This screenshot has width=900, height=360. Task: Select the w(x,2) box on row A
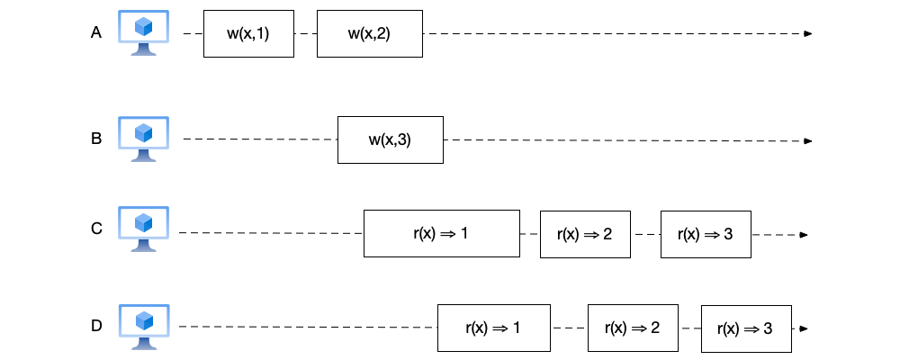[x=369, y=34]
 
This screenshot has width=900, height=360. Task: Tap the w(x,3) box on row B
[x=390, y=139]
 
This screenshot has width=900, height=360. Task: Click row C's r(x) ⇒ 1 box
[x=441, y=234]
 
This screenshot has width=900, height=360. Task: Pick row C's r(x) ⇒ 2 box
[x=584, y=234]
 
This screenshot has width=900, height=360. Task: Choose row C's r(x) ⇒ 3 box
[x=706, y=234]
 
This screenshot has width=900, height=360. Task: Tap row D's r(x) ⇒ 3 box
[x=745, y=328]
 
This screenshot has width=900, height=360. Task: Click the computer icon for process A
[x=144, y=33]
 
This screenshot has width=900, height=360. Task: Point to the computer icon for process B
[x=144, y=139]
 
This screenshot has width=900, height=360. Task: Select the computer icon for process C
[x=144, y=229]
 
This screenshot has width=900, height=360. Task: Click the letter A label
[x=96, y=33]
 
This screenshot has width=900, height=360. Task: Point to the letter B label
[x=96, y=139]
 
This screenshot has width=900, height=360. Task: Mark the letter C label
[x=96, y=229]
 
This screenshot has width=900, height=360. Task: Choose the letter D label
[x=96, y=326]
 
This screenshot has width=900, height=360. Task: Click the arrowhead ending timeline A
[x=808, y=34]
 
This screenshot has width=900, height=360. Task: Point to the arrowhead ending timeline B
[x=808, y=141]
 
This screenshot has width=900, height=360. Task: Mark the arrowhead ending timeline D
[x=803, y=328]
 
